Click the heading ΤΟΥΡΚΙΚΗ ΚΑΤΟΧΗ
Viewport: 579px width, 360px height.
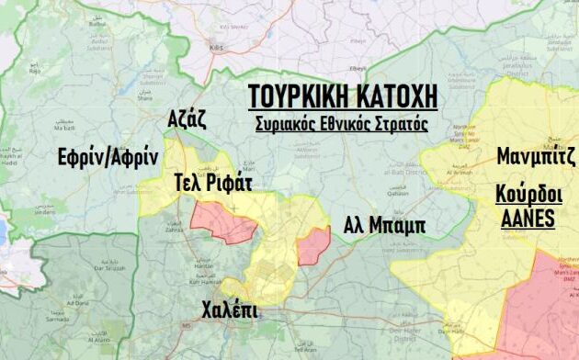click(x=342, y=97)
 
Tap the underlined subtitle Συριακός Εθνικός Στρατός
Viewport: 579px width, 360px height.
click(x=342, y=122)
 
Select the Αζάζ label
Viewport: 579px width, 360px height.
click(x=187, y=118)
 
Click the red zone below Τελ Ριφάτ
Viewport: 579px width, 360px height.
click(x=225, y=223)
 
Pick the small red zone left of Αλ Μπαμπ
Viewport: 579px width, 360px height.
click(x=314, y=246)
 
